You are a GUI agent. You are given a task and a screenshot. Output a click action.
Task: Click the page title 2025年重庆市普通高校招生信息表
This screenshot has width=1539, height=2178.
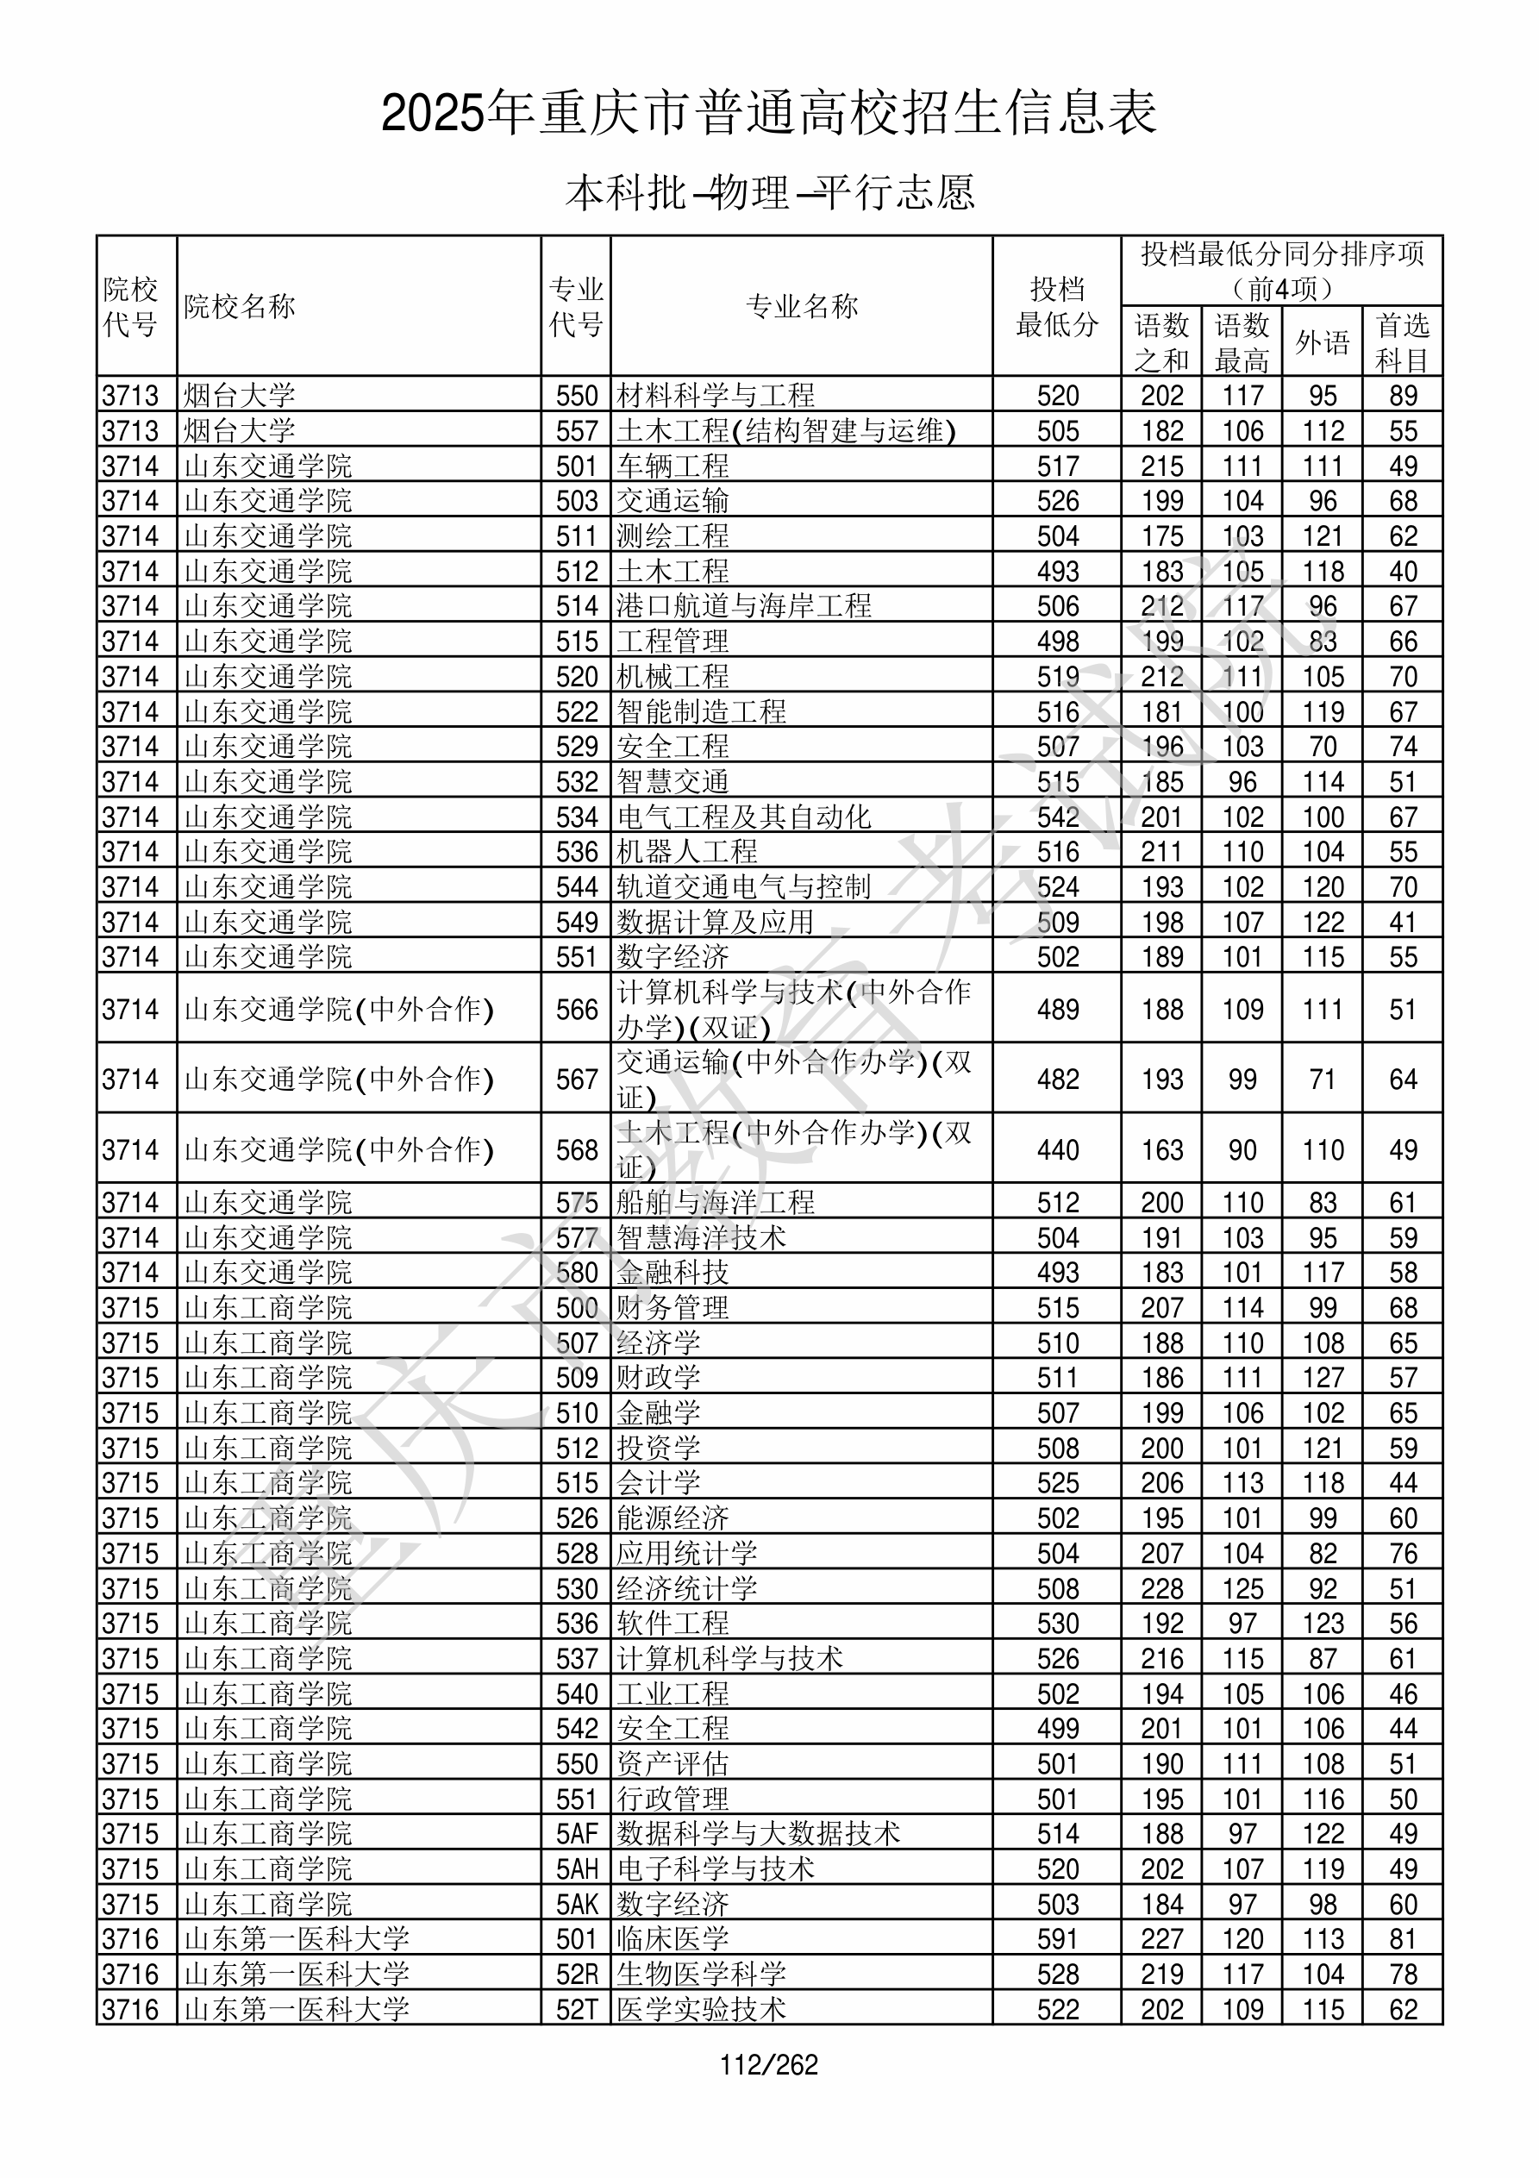(768, 113)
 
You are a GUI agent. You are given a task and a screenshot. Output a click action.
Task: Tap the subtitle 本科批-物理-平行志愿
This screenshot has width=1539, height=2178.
(769, 192)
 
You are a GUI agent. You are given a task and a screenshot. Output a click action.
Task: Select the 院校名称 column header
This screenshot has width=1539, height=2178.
(240, 306)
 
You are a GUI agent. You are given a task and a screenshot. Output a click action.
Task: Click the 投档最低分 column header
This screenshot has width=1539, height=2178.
(1057, 306)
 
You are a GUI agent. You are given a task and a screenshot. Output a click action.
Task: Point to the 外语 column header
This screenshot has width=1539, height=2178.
(1323, 342)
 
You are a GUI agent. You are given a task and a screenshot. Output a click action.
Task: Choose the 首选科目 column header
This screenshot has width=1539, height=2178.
(1403, 342)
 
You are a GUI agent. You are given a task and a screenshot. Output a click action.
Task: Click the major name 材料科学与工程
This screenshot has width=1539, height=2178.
(716, 396)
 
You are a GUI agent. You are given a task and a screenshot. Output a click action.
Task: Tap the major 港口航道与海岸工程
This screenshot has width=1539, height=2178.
(744, 606)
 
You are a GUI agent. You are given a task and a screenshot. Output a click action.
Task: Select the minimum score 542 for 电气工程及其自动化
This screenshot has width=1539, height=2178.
(1058, 817)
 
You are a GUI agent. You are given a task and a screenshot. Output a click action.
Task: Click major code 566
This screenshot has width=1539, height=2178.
(577, 1010)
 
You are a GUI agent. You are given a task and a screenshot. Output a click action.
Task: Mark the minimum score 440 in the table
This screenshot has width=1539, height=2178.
(1058, 1149)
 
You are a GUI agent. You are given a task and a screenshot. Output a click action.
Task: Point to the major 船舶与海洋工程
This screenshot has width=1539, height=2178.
(716, 1203)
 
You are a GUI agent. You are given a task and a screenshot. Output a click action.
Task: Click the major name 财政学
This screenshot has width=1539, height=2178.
(659, 1377)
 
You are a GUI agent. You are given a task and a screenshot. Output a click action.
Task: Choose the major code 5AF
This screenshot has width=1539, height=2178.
(577, 1833)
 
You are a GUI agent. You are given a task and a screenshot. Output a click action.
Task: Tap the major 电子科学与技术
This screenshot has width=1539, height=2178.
(716, 1868)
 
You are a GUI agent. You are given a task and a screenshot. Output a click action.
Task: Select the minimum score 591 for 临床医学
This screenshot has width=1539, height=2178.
(1058, 1939)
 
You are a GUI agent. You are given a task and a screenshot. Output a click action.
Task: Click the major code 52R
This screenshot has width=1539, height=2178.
(577, 1974)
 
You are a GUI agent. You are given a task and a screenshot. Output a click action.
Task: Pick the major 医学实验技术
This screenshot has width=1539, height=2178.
(701, 2009)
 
